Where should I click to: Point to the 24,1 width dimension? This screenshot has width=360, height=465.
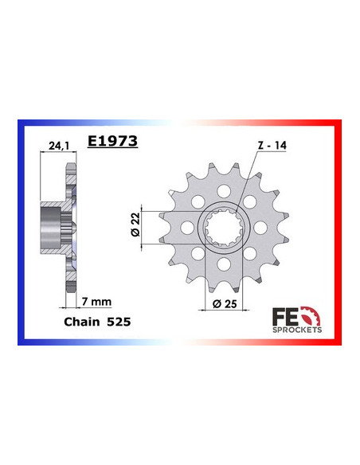[x=55, y=147]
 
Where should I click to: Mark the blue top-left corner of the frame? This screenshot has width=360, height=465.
[x=21, y=124]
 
